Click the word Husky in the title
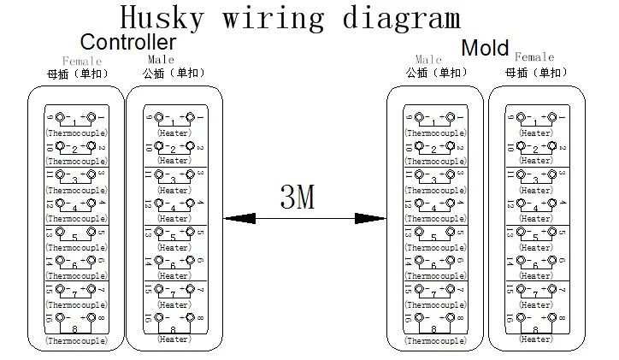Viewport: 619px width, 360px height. (162, 18)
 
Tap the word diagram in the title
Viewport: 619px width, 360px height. (404, 18)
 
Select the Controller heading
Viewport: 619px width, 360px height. (128, 42)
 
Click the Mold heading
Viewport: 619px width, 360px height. (485, 47)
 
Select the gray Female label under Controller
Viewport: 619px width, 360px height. (83, 61)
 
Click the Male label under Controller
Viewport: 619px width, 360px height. (161, 60)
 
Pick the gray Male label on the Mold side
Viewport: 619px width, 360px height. (428, 60)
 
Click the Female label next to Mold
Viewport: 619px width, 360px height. (535, 57)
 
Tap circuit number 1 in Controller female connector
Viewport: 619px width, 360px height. (75, 122)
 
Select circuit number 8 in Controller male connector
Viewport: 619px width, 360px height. (174, 328)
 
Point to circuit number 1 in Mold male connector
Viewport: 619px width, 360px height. (434, 122)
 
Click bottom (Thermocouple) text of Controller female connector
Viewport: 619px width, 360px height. (75, 341)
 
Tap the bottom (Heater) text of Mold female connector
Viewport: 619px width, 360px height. (536, 339)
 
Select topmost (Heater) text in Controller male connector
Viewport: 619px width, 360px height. (174, 133)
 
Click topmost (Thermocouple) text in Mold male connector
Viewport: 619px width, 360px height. (435, 133)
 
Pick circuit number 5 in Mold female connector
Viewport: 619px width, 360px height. (536, 237)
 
